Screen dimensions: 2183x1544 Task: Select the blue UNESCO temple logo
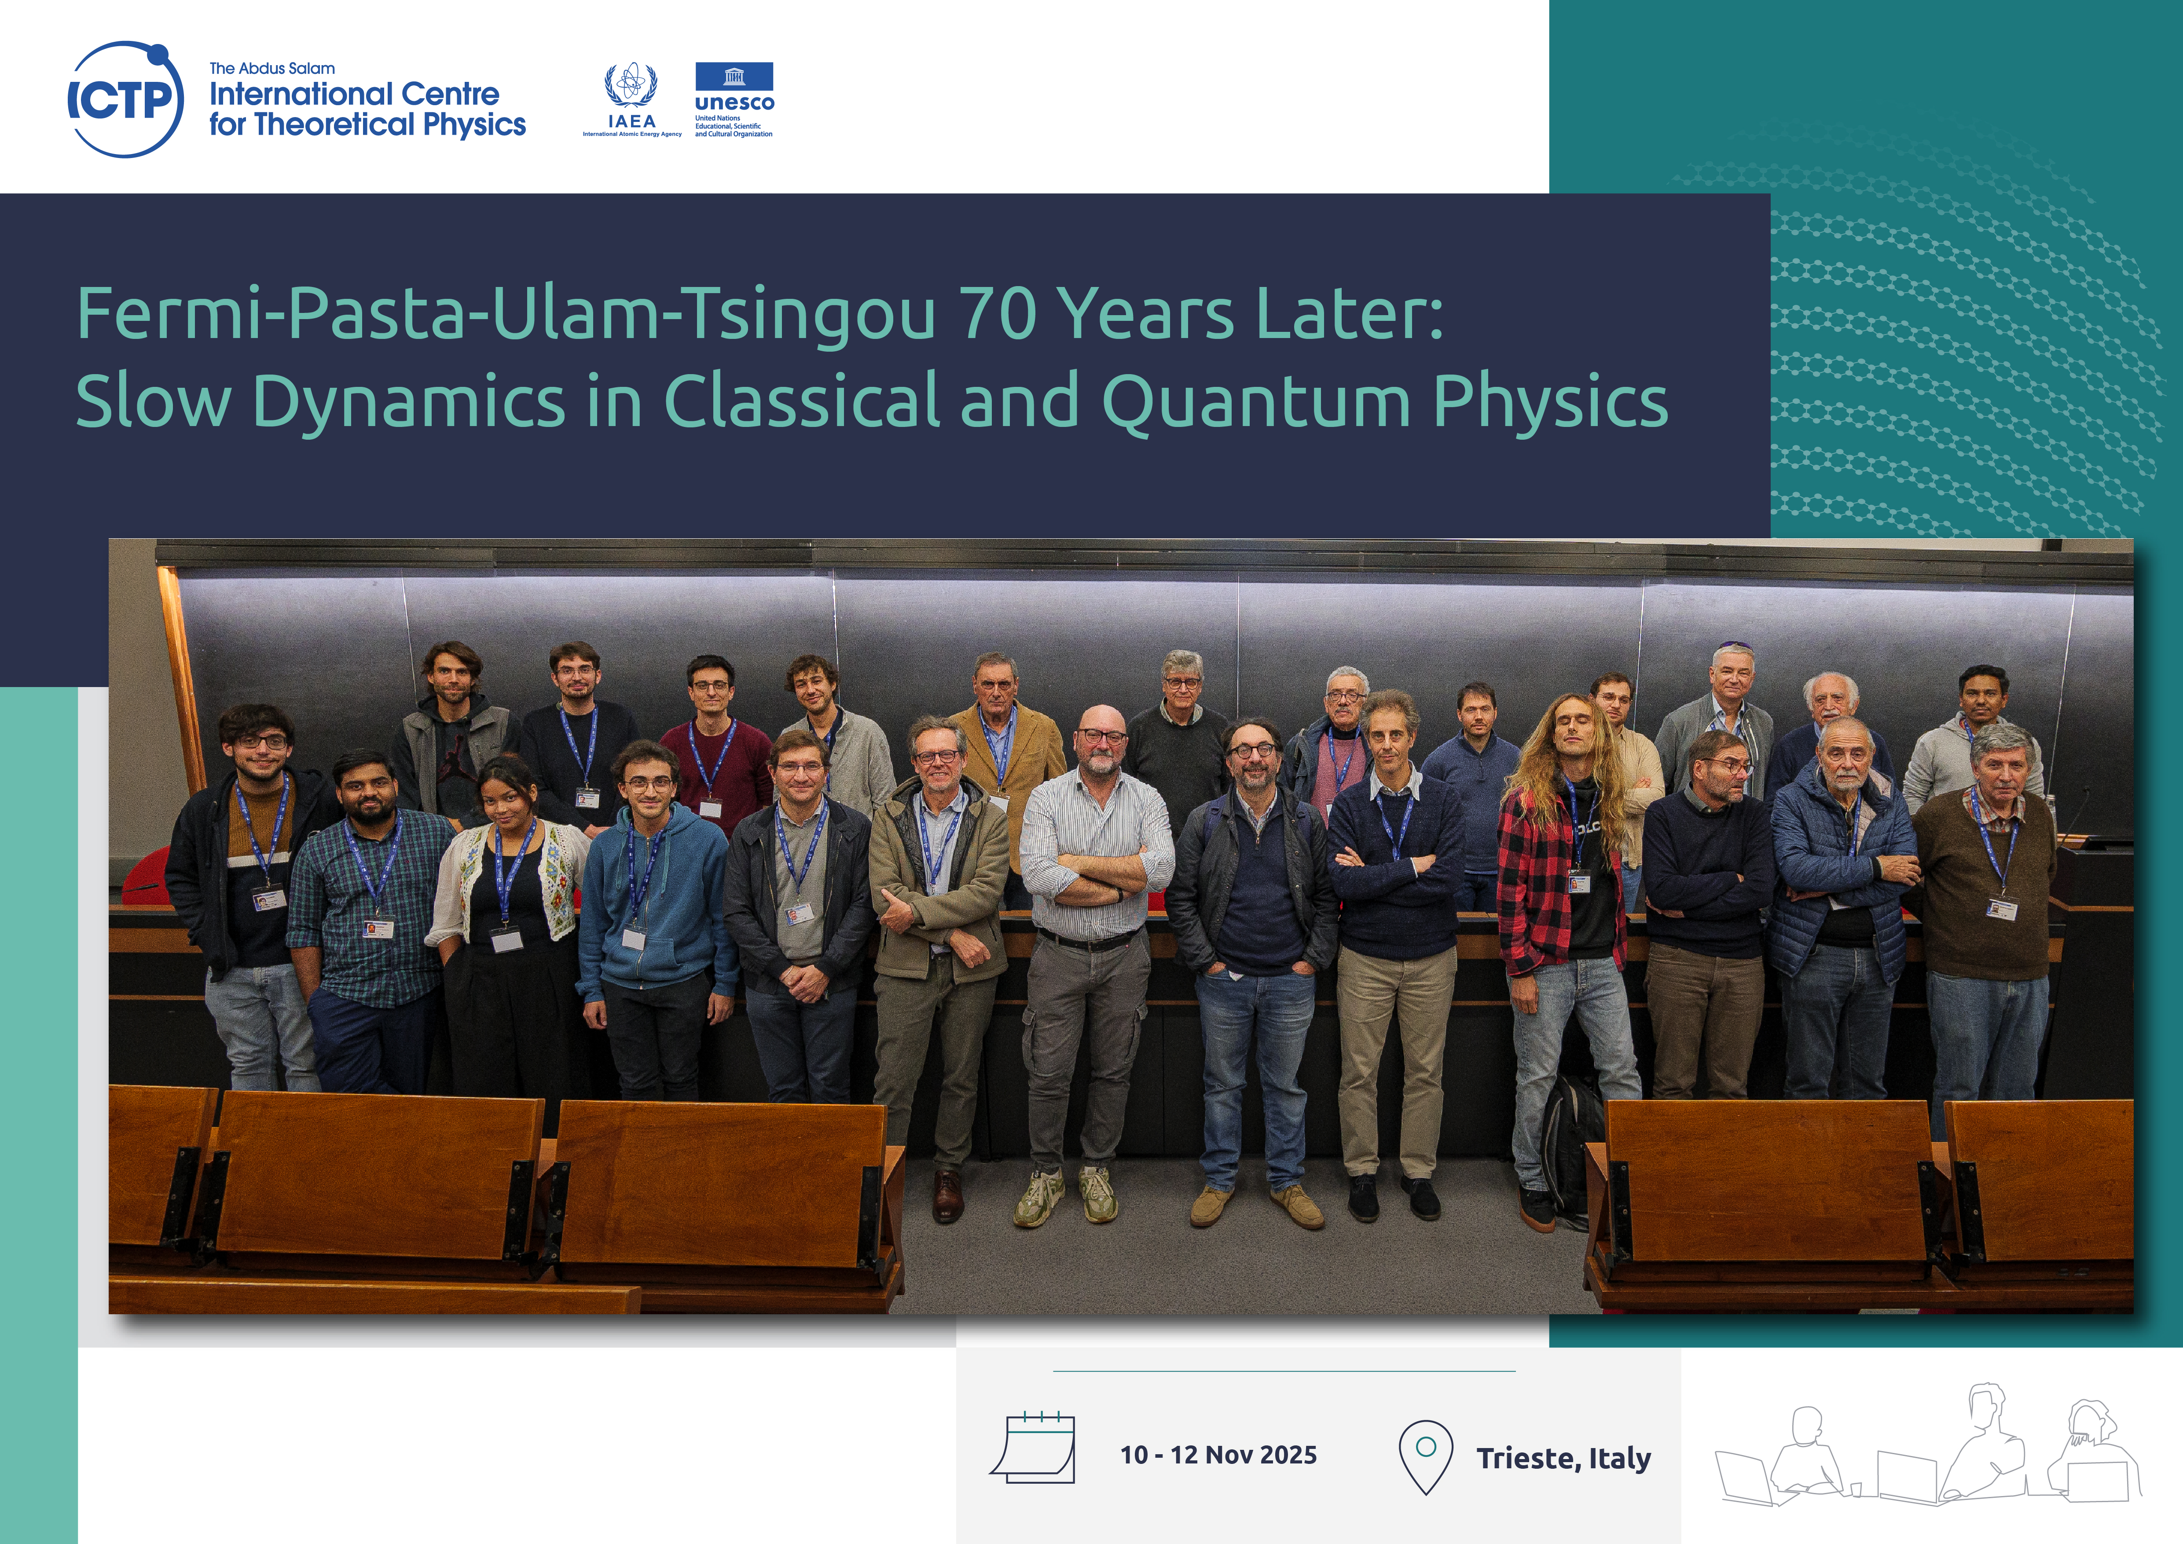click(734, 76)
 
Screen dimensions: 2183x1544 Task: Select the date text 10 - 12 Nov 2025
click(1218, 1455)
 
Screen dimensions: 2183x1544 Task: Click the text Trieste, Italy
click(1563, 1457)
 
